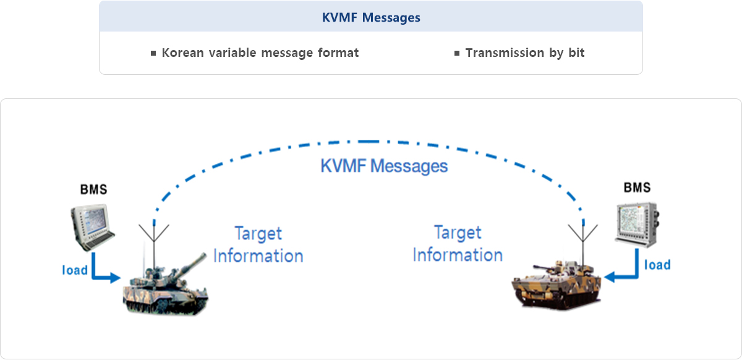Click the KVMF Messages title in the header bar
[371, 17]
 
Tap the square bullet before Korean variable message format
[153, 53]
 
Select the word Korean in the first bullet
[182, 53]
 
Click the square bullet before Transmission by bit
[457, 53]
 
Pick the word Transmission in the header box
[505, 53]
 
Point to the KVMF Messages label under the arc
[384, 166]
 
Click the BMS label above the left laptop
[94, 189]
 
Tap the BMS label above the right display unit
[637, 187]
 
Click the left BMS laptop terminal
[92, 227]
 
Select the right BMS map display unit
[637, 225]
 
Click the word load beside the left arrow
[75, 270]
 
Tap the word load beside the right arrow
[657, 265]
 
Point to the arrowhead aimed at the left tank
[115, 278]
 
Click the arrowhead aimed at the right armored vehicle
[610, 276]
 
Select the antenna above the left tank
[154, 246]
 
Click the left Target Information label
[258, 245]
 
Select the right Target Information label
[458, 244]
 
